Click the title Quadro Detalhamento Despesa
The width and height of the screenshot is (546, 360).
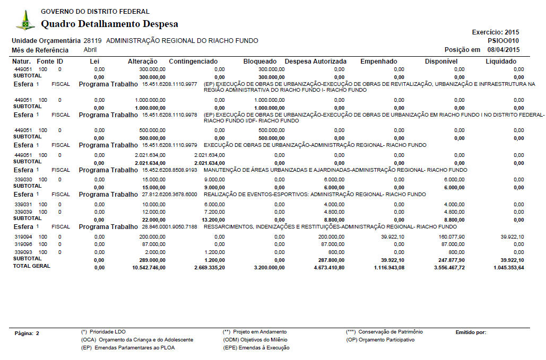[109, 24]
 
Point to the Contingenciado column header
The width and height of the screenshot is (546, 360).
[193, 62]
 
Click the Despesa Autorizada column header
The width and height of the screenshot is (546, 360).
[315, 62]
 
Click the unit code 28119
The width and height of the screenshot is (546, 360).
[93, 41]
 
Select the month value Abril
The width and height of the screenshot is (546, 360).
[90, 50]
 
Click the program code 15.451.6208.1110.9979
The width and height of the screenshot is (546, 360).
[170, 145]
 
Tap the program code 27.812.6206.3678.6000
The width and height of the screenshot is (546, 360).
[170, 194]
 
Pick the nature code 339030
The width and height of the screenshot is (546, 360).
[23, 179]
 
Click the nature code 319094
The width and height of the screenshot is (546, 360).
[23, 236]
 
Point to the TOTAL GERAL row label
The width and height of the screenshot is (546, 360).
[31, 266]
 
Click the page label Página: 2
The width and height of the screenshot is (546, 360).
[27, 333]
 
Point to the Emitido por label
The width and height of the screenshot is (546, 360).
[471, 332]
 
